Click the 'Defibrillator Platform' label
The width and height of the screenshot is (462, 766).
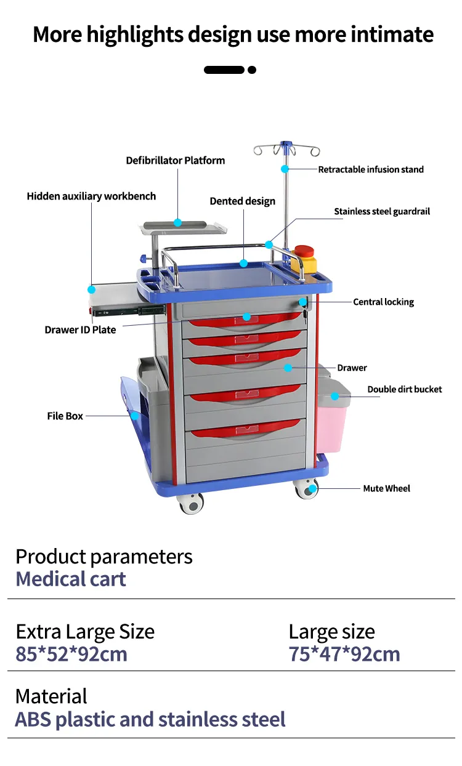[x=176, y=161]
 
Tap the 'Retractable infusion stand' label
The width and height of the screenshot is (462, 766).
[x=371, y=169]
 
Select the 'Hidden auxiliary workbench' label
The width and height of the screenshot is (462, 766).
[x=91, y=196]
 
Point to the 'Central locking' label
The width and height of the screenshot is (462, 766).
[x=383, y=302]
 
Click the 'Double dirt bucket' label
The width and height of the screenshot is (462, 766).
[x=405, y=389]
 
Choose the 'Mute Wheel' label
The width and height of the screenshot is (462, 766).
[x=386, y=488]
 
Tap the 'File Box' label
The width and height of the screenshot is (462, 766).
[x=65, y=416]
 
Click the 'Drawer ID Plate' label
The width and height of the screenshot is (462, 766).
[x=80, y=330]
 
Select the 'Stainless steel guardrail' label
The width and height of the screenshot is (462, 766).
[x=382, y=212]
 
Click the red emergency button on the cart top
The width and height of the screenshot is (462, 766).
[x=304, y=252]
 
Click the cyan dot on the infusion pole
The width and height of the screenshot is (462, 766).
[x=285, y=169]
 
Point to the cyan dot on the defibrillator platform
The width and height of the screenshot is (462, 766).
[x=177, y=222]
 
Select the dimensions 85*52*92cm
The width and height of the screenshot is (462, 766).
[x=71, y=654]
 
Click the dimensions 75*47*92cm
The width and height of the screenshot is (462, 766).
[x=344, y=654]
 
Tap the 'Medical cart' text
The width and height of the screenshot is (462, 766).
[x=71, y=579]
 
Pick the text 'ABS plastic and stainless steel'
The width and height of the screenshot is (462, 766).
[x=150, y=719]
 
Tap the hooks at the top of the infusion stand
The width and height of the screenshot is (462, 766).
[x=287, y=150]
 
